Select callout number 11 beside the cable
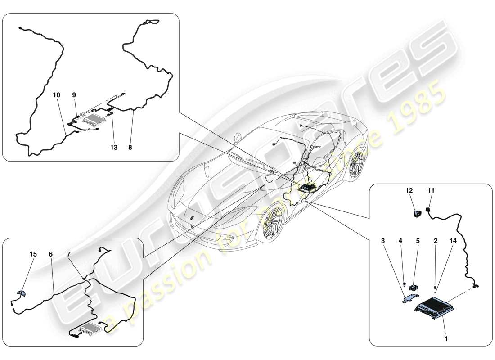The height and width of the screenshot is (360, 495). pyautogui.click(x=431, y=191)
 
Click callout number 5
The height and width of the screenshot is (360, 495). pyautogui.click(x=418, y=241)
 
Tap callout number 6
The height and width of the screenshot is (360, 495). pyautogui.click(x=51, y=254)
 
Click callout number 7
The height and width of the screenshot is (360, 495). pyautogui.click(x=69, y=254)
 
